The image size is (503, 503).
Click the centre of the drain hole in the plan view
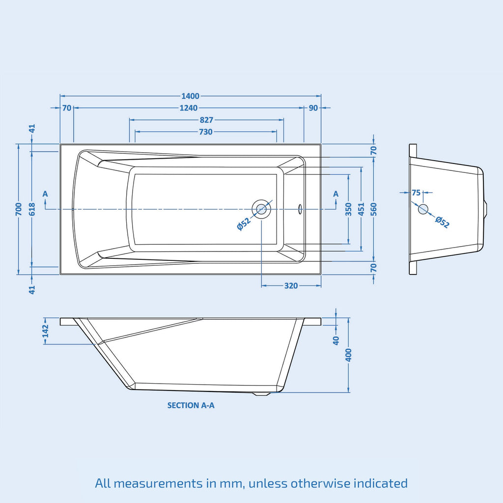pyautogui.click(x=261, y=209)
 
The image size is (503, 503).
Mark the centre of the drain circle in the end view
pyautogui.click(x=423, y=209)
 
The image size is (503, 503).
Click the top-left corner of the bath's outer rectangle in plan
pyautogui.click(x=60, y=144)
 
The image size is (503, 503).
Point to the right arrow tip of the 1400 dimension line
pyautogui.click(x=321, y=96)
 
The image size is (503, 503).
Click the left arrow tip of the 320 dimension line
pyautogui.click(x=262, y=285)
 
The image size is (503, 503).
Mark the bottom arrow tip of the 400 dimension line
pyautogui.click(x=349, y=392)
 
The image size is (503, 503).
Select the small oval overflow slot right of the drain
pyautogui.click(x=300, y=209)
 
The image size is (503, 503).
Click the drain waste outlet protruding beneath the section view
pyautogui.click(x=261, y=394)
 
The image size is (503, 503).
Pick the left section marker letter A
pyautogui.click(x=45, y=194)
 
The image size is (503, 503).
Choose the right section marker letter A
pyautogui.click(x=336, y=194)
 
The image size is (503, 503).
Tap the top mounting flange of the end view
pyautogui.click(x=413, y=150)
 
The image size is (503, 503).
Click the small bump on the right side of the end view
pyautogui.click(x=486, y=209)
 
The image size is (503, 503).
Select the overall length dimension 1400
pyautogui.click(x=191, y=96)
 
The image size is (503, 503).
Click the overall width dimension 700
pyautogui.click(x=19, y=209)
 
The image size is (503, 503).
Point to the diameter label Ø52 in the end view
pyautogui.click(x=443, y=222)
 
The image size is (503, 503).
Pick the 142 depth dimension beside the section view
pyautogui.click(x=45, y=331)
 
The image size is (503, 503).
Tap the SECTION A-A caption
pyautogui.click(x=191, y=405)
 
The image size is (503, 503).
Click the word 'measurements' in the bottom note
pyautogui.click(x=165, y=483)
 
